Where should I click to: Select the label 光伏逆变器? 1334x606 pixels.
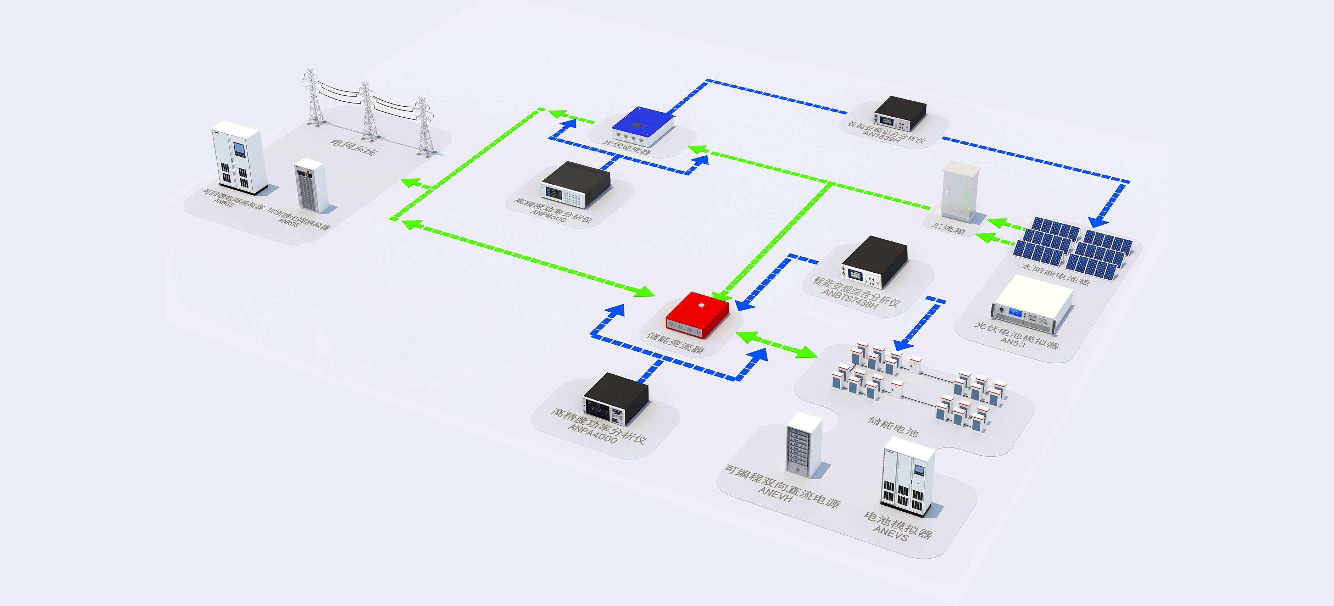pos(627,147)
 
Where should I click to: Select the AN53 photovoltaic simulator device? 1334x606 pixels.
pos(1032,303)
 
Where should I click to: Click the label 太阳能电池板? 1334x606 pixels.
pos(1055,274)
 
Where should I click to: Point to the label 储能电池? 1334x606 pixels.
pos(893,427)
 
